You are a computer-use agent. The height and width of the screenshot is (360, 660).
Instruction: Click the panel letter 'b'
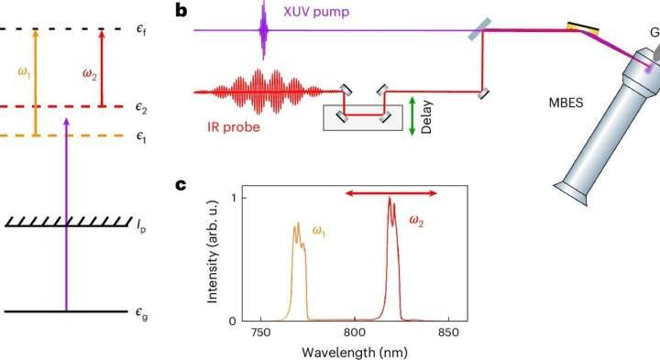click(182, 11)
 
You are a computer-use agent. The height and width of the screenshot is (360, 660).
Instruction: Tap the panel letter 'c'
click(181, 187)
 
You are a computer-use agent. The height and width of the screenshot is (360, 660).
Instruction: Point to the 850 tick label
click(449, 331)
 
